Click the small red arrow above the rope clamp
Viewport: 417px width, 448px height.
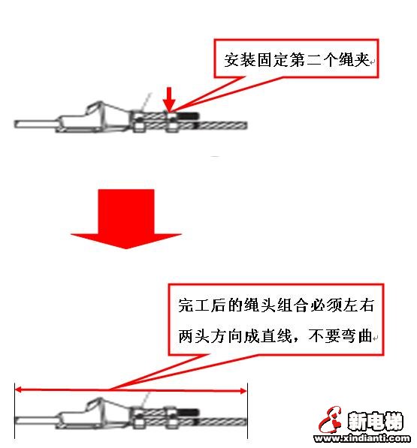[169, 99]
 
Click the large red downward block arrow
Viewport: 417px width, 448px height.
[126, 218]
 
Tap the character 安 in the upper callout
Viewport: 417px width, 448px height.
[232, 60]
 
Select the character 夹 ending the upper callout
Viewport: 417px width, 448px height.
[361, 60]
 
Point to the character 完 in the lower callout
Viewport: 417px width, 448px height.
[186, 305]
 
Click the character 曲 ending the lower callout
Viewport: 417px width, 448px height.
[365, 335]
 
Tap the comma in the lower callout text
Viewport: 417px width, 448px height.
[296, 340]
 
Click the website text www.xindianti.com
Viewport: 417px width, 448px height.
[362, 438]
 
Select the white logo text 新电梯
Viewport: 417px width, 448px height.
[375, 421]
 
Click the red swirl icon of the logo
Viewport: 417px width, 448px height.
[331, 420]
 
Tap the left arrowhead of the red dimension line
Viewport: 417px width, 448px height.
[18, 389]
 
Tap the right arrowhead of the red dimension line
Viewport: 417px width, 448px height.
[243, 391]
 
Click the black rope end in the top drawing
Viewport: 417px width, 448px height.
[188, 116]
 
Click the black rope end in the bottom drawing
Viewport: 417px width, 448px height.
[188, 413]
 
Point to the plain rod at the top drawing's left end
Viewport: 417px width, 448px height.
[36, 125]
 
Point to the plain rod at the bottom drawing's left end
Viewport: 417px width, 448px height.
[36, 420]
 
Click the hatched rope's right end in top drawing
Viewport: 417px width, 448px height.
[246, 125]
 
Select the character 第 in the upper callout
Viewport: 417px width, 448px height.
[298, 60]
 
